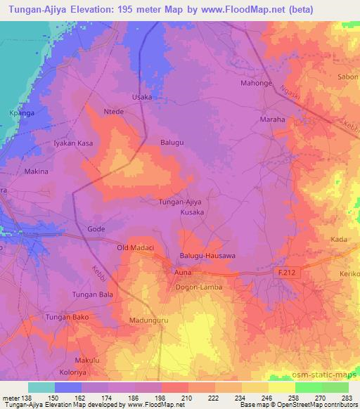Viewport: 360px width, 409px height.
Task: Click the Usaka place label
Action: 143,97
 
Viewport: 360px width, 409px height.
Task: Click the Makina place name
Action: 37,171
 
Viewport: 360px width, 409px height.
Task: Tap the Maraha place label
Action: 273,119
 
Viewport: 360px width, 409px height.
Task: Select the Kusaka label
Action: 192,212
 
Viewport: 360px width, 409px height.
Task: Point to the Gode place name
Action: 96,229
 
